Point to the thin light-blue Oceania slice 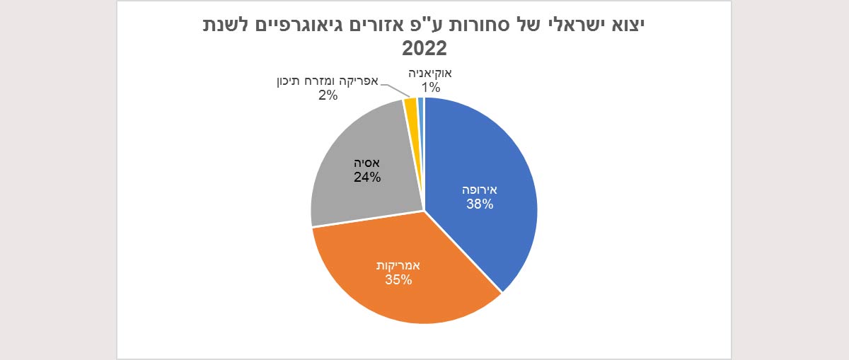tap(421, 106)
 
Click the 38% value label tap(480, 205)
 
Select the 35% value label tap(399, 280)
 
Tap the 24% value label tap(367, 178)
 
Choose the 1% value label tap(432, 88)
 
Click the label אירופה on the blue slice tap(480, 190)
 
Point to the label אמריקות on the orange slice tap(399, 265)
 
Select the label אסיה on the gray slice tap(367, 163)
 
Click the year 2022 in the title tap(424, 48)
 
